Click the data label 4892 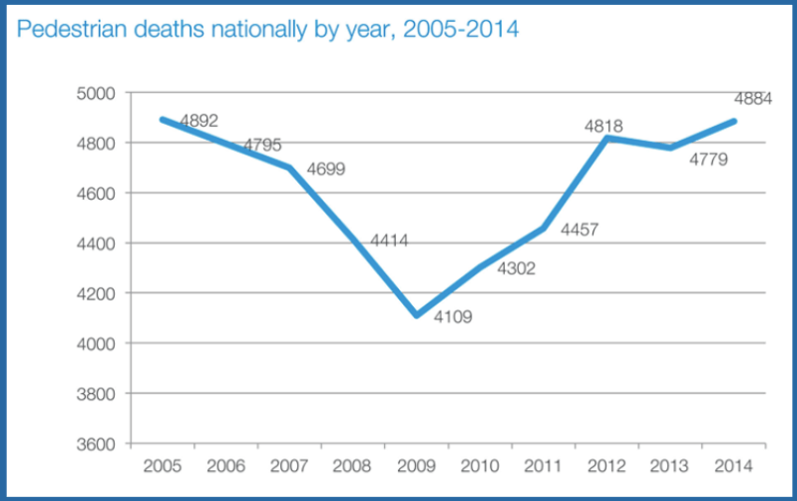tap(199, 121)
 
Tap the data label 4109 tap(452, 318)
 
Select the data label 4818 tap(603, 126)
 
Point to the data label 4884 tap(754, 100)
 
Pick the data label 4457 tap(581, 231)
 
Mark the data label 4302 tap(516, 267)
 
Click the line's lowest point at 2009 tap(417, 315)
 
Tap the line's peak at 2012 tap(606, 138)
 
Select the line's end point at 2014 tap(734, 121)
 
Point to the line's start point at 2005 tap(162, 119)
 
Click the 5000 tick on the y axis tap(101, 93)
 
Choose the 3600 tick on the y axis tap(101, 444)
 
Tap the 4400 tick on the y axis tap(101, 244)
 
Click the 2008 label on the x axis tap(352, 465)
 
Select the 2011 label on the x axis tap(544, 465)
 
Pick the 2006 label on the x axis tap(225, 465)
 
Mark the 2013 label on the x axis tap(671, 465)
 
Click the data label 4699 tap(326, 169)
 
